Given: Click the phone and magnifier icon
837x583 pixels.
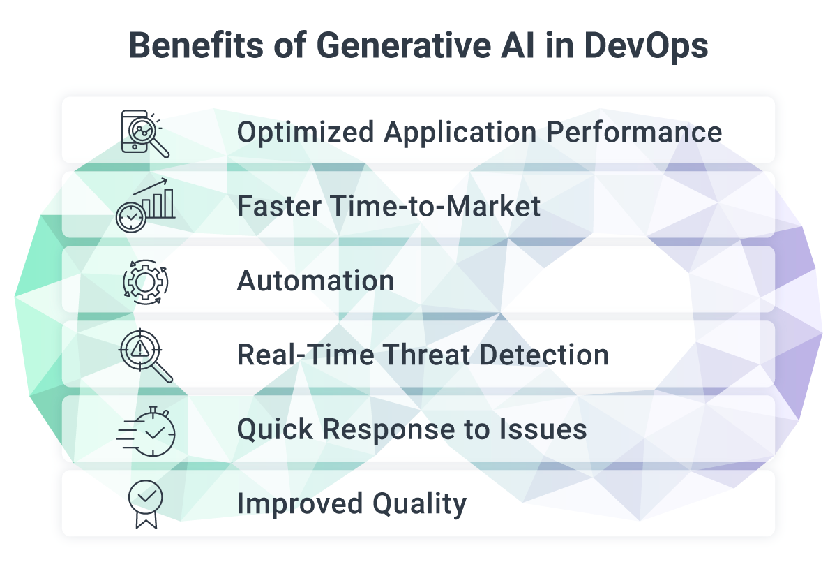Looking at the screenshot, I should pos(144,133).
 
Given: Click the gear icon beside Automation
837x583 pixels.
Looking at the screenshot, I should pos(145,281).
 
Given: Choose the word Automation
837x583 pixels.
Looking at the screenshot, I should pos(315,281).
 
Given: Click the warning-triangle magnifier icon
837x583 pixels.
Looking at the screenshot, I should pos(145,355).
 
